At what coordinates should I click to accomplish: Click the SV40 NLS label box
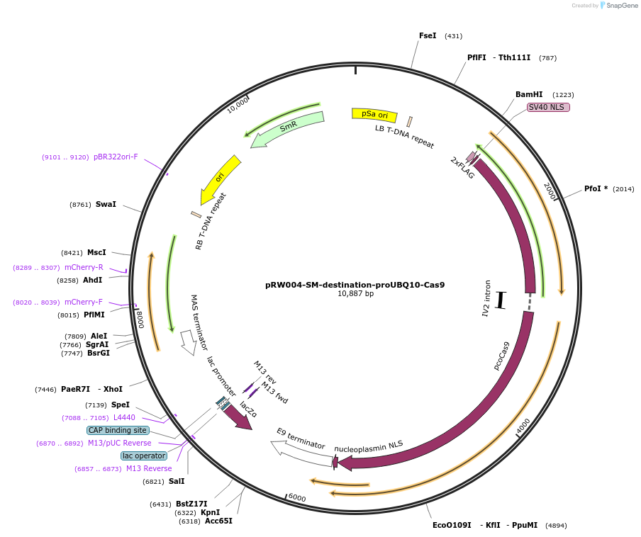[548, 107]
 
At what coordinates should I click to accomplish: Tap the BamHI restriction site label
[529, 94]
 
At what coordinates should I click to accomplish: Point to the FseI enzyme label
[428, 35]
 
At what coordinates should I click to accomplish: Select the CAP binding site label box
[118, 430]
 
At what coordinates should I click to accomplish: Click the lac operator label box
[143, 456]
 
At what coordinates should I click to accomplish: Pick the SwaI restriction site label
[106, 204]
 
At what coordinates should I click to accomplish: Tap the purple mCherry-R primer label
[84, 267]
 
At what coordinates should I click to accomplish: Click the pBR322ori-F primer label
[116, 157]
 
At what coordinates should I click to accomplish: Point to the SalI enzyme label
[176, 481]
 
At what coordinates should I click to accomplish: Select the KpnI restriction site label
[209, 512]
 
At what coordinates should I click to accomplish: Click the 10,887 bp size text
[355, 294]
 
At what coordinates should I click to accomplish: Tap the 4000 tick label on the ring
[523, 427]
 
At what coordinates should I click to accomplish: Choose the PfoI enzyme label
[596, 189]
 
